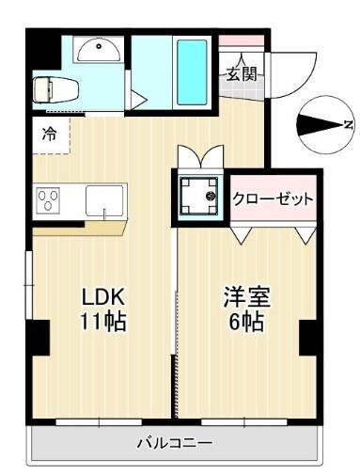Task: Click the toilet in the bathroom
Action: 48,89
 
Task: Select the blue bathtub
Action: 192,71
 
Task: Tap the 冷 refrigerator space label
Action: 48,135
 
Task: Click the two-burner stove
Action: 48,200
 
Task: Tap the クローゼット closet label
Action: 273,198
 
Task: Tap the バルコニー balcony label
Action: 174,442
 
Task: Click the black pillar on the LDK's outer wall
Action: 38,337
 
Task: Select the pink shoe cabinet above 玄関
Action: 242,42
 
